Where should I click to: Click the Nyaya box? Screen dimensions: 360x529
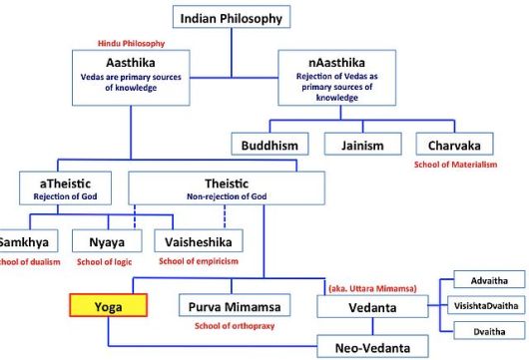pos(110,241)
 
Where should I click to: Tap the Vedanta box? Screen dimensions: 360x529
pos(365,307)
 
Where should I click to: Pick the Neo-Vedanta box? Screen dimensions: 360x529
pos(365,345)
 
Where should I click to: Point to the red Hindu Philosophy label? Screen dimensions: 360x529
pos(129,44)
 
